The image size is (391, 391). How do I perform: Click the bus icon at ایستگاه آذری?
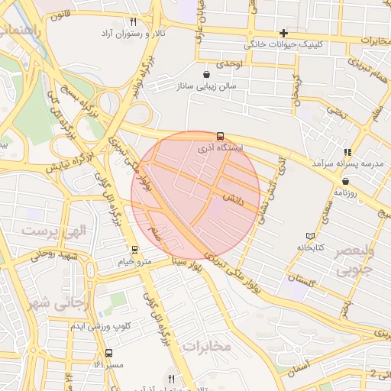(221, 135)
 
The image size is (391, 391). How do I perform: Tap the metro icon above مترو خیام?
(134, 250)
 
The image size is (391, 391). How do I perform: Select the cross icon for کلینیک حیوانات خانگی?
(283, 33)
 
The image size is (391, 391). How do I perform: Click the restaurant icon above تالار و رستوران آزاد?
(134, 22)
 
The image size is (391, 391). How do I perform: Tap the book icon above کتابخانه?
(309, 236)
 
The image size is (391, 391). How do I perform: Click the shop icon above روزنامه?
(346, 181)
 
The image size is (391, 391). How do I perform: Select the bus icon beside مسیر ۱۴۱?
(108, 354)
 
